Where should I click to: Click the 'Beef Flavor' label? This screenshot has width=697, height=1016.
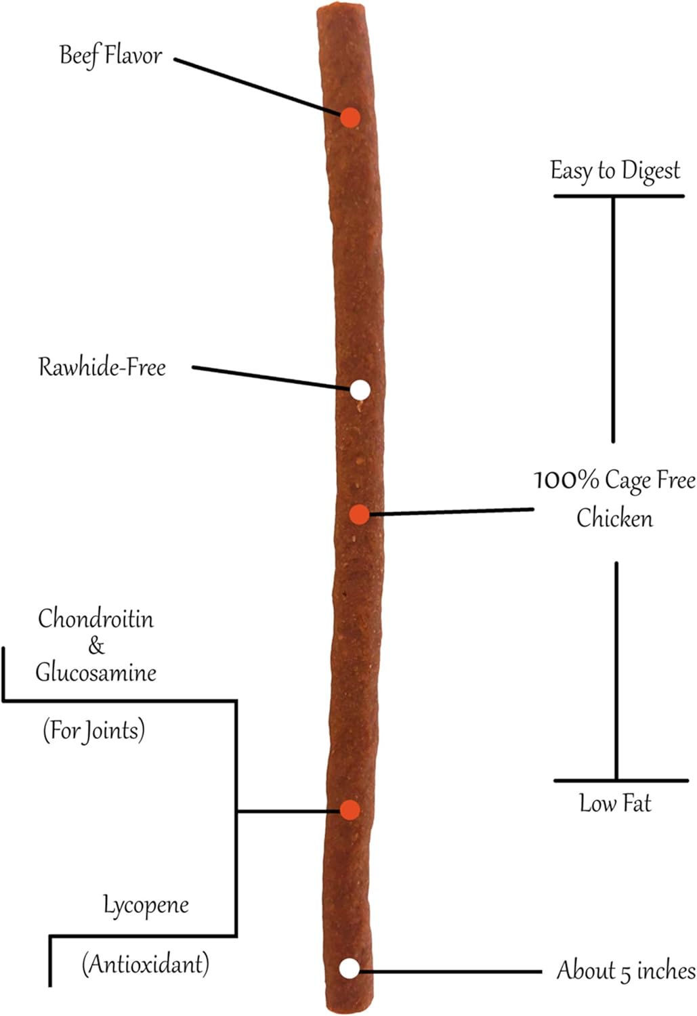[x=110, y=56]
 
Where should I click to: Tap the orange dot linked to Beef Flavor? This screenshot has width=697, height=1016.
[x=350, y=118]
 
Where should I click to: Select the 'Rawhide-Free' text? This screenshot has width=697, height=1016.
[x=102, y=366]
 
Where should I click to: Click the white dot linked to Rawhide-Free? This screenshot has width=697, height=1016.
[x=360, y=390]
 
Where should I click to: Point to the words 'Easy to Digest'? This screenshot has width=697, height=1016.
[x=615, y=171]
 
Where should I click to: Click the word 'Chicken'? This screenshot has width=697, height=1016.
[x=614, y=517]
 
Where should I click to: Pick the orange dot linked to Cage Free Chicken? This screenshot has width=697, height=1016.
[x=360, y=514]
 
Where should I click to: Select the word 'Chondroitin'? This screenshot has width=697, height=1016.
[x=96, y=618]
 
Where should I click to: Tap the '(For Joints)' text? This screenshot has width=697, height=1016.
[x=94, y=730]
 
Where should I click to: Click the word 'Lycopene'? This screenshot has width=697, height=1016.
[x=146, y=906]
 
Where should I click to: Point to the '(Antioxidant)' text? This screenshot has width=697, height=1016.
[x=146, y=964]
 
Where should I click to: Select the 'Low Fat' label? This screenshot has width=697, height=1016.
[x=615, y=803]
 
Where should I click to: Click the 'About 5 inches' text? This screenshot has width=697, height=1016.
[x=627, y=971]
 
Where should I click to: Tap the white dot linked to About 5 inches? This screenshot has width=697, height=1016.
[x=350, y=969]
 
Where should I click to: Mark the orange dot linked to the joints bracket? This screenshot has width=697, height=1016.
[x=350, y=810]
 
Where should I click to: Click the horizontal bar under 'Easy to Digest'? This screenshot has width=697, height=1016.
[x=619, y=196]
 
